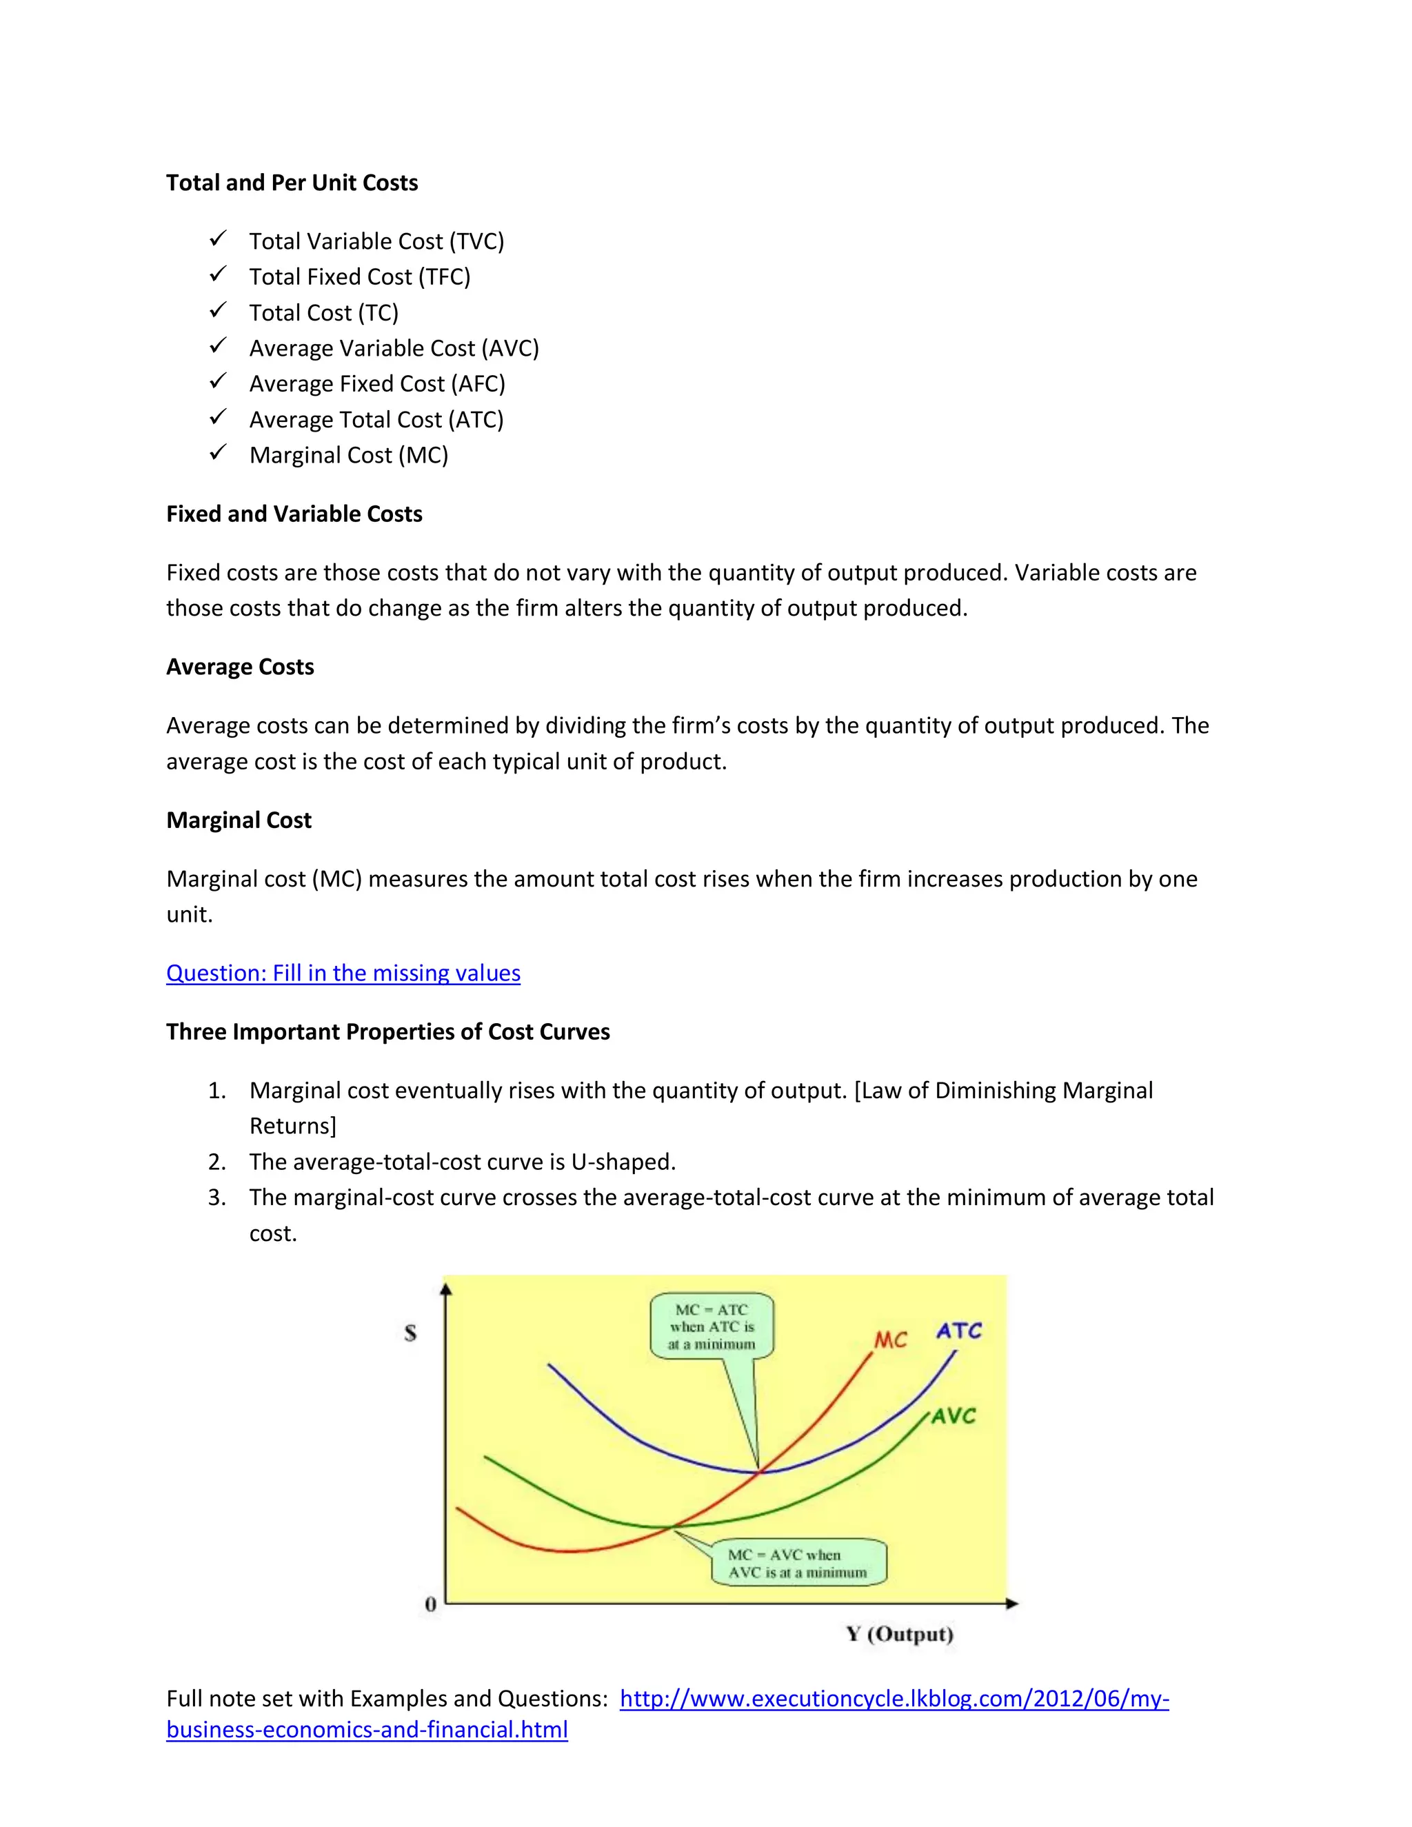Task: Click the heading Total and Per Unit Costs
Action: pyautogui.click(x=292, y=183)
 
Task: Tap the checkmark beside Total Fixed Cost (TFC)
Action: pyautogui.click(x=217, y=274)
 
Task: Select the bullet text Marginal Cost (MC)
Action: pyautogui.click(x=349, y=455)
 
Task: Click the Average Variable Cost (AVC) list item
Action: pyautogui.click(x=394, y=348)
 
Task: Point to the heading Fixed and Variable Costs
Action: pyautogui.click(x=294, y=514)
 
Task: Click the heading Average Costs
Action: pyautogui.click(x=240, y=667)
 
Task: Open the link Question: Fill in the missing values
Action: pyautogui.click(x=343, y=973)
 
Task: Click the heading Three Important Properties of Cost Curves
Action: pyautogui.click(x=388, y=1031)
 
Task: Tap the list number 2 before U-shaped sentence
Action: pyautogui.click(x=216, y=1162)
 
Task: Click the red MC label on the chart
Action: pyautogui.click(x=890, y=1340)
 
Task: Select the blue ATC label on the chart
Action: pyautogui.click(x=958, y=1330)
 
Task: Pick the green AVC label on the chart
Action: pyautogui.click(x=954, y=1415)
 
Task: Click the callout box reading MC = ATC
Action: pyautogui.click(x=712, y=1326)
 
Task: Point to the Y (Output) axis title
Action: pyautogui.click(x=899, y=1634)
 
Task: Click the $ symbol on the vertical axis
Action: pyautogui.click(x=410, y=1333)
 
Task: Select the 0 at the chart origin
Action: pyautogui.click(x=431, y=1604)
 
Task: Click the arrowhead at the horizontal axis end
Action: pyautogui.click(x=1012, y=1604)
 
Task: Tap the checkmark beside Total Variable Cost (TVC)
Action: pyautogui.click(x=217, y=239)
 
